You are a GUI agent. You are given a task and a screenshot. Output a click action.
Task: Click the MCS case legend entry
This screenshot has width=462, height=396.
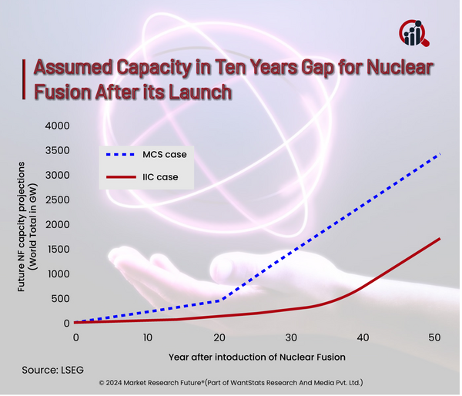147,154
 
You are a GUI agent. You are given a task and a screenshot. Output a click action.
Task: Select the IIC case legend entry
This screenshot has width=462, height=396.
147,179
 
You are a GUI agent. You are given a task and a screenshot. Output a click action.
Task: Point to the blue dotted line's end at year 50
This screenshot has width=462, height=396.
440,154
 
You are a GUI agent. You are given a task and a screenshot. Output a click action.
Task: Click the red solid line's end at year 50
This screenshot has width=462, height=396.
440,238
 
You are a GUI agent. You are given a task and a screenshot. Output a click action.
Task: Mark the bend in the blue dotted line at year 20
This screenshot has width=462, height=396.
220,300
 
